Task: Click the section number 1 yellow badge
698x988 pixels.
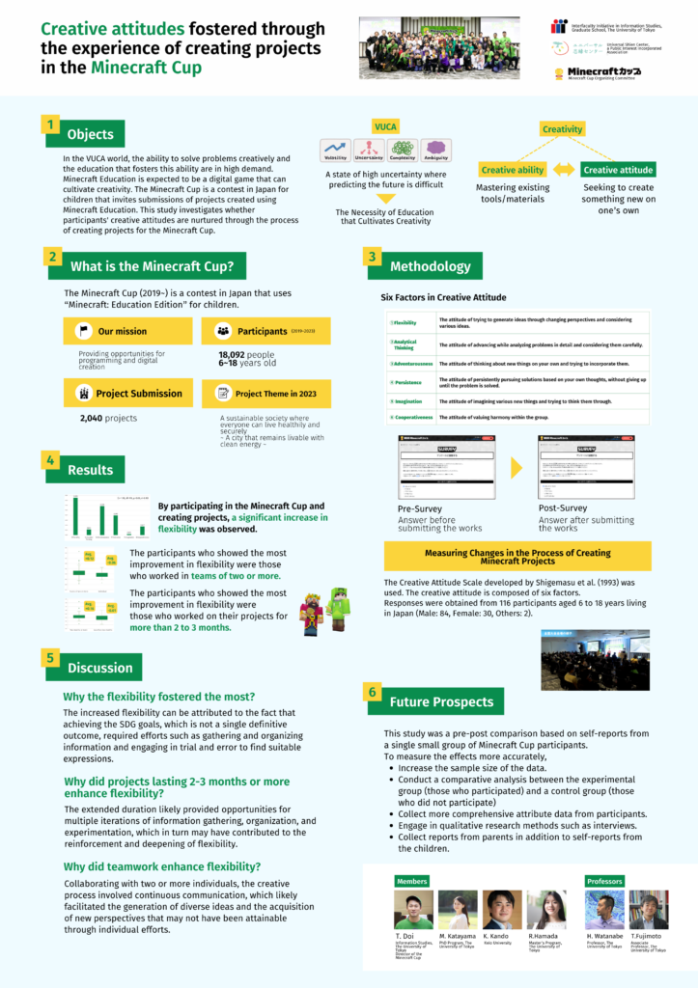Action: point(49,124)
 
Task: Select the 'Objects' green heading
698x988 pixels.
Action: point(91,134)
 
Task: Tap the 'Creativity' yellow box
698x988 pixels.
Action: point(562,129)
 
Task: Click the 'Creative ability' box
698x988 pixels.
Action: point(512,170)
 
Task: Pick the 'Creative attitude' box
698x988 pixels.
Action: point(618,170)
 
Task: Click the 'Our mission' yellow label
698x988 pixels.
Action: point(123,331)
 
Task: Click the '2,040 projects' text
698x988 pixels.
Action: point(108,418)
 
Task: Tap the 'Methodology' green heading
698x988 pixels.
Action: point(430,266)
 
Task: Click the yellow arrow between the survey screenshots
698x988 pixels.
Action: point(517,468)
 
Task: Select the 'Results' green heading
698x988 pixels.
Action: point(91,470)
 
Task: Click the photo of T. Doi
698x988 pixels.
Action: point(413,910)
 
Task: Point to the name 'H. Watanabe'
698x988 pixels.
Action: point(604,937)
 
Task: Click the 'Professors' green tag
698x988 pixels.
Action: point(604,881)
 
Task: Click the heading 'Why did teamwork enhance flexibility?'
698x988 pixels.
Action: point(161,866)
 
